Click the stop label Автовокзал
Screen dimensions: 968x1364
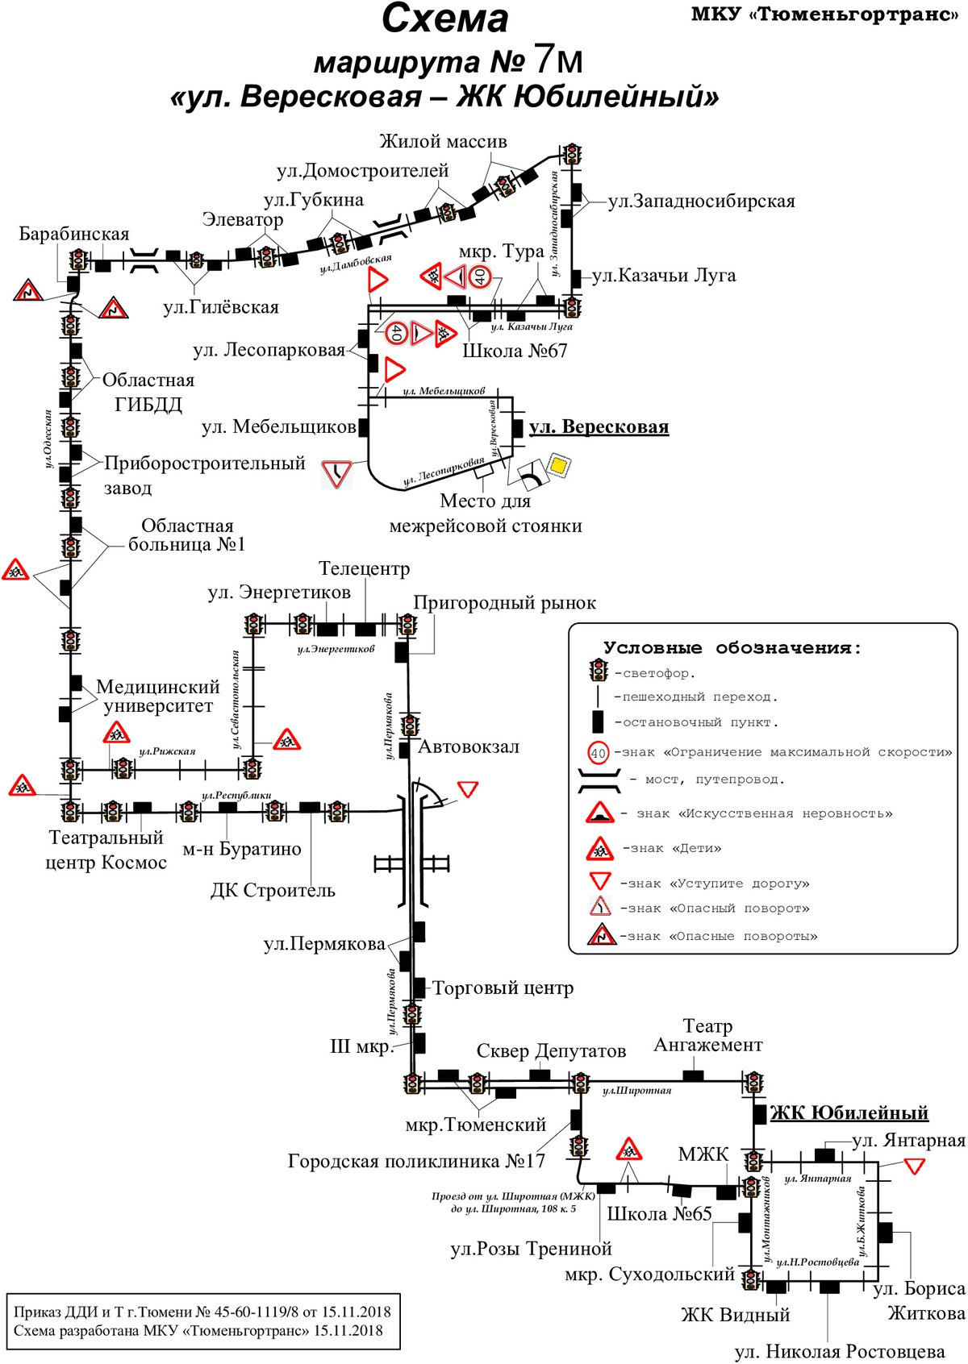click(x=468, y=746)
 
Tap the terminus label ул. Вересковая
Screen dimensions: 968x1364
click(x=599, y=427)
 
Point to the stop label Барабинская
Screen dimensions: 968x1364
click(x=73, y=234)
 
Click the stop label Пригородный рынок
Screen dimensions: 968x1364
click(x=504, y=603)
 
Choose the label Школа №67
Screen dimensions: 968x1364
click(x=515, y=351)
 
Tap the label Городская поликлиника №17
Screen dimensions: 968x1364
click(x=416, y=1161)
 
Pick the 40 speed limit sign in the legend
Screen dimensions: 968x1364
click(x=599, y=753)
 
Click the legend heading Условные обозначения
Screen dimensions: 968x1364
click(x=732, y=648)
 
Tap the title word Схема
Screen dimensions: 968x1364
click(x=444, y=19)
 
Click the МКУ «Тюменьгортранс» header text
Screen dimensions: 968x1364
click(x=825, y=14)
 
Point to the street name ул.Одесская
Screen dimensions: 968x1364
click(x=48, y=439)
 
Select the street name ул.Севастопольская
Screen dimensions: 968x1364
click(x=236, y=700)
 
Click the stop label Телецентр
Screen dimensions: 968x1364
click(x=365, y=568)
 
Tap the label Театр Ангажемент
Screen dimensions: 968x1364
click(x=708, y=1035)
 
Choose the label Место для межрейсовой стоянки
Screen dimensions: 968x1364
click(x=486, y=514)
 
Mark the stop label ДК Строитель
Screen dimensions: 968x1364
click(x=273, y=890)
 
